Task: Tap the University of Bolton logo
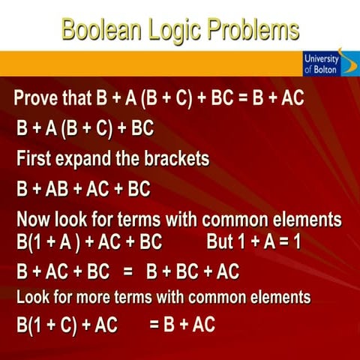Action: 321,63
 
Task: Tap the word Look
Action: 33,297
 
